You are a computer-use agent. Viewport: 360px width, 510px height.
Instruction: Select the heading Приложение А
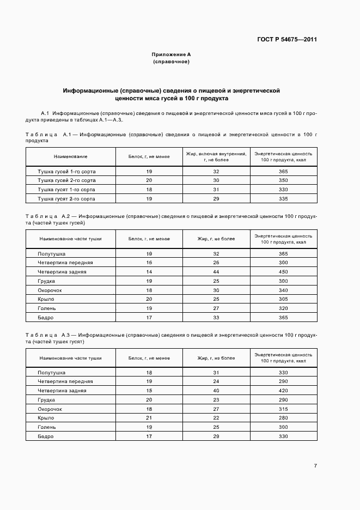(171, 55)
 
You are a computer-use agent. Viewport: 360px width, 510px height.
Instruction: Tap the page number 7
(315, 466)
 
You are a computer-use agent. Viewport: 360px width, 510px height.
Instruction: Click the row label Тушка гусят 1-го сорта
(66, 190)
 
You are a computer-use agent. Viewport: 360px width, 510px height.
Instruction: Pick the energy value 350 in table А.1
(283, 180)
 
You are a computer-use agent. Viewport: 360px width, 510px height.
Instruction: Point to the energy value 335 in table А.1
(283, 199)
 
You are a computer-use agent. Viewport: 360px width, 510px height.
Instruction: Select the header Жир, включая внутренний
(216, 154)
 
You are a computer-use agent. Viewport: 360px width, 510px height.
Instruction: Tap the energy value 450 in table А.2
(283, 272)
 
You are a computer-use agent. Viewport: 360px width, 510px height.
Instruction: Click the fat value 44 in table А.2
(216, 272)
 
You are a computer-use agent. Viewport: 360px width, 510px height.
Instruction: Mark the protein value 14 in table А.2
(149, 272)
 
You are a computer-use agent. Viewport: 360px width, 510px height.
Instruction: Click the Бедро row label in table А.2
(46, 317)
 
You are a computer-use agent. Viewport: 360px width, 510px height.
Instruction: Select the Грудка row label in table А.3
(47, 399)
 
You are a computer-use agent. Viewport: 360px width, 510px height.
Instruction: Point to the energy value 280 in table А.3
(283, 418)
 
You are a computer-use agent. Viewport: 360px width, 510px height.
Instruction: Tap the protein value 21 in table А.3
(149, 418)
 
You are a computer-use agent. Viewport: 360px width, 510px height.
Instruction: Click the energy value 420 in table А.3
(283, 390)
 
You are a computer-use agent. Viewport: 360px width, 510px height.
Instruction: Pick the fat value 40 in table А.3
(216, 390)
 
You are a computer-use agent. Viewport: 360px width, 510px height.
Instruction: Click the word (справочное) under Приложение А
(171, 62)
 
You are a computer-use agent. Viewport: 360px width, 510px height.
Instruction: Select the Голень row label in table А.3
(47, 427)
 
